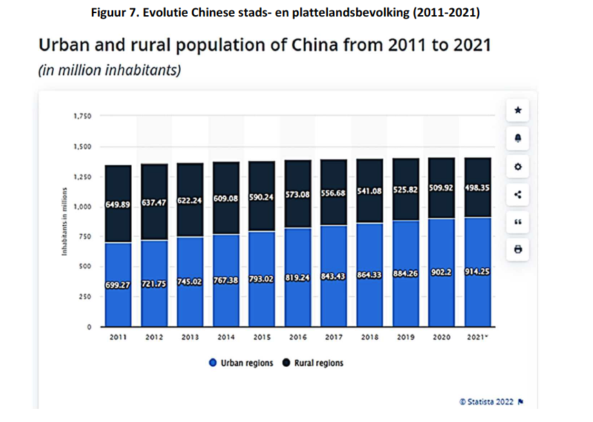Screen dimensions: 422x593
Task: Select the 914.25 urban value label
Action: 477,273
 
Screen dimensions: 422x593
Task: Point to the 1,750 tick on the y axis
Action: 82,116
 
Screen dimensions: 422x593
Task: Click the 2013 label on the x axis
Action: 190,338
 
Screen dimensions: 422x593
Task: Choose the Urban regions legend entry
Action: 241,363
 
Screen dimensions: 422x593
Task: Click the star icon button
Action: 518,110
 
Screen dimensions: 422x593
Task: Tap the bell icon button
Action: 518,139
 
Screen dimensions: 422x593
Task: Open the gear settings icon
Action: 518,167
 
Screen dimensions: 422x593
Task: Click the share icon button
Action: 518,194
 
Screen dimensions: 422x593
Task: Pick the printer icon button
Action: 518,250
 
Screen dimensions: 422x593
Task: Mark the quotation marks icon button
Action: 518,222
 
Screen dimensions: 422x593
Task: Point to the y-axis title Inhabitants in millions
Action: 64,221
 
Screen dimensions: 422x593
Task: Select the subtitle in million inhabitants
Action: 109,70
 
